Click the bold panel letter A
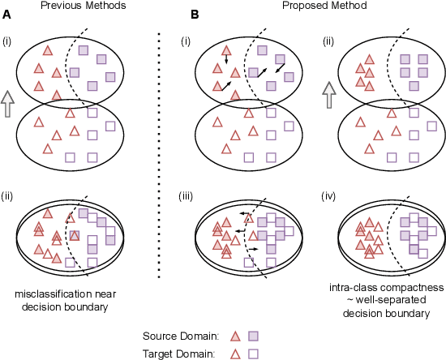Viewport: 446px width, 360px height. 6,15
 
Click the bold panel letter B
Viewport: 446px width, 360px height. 195,15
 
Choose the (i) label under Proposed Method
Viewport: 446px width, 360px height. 188,40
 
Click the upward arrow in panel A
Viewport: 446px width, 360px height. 8,104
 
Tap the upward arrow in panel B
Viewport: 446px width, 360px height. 329,96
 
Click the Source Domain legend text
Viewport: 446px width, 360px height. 178,336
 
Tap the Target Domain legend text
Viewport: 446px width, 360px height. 178,353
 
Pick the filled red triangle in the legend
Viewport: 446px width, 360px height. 235,335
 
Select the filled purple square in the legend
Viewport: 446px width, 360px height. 253,335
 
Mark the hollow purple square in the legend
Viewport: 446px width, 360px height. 253,353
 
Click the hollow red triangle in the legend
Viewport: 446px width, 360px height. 235,353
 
